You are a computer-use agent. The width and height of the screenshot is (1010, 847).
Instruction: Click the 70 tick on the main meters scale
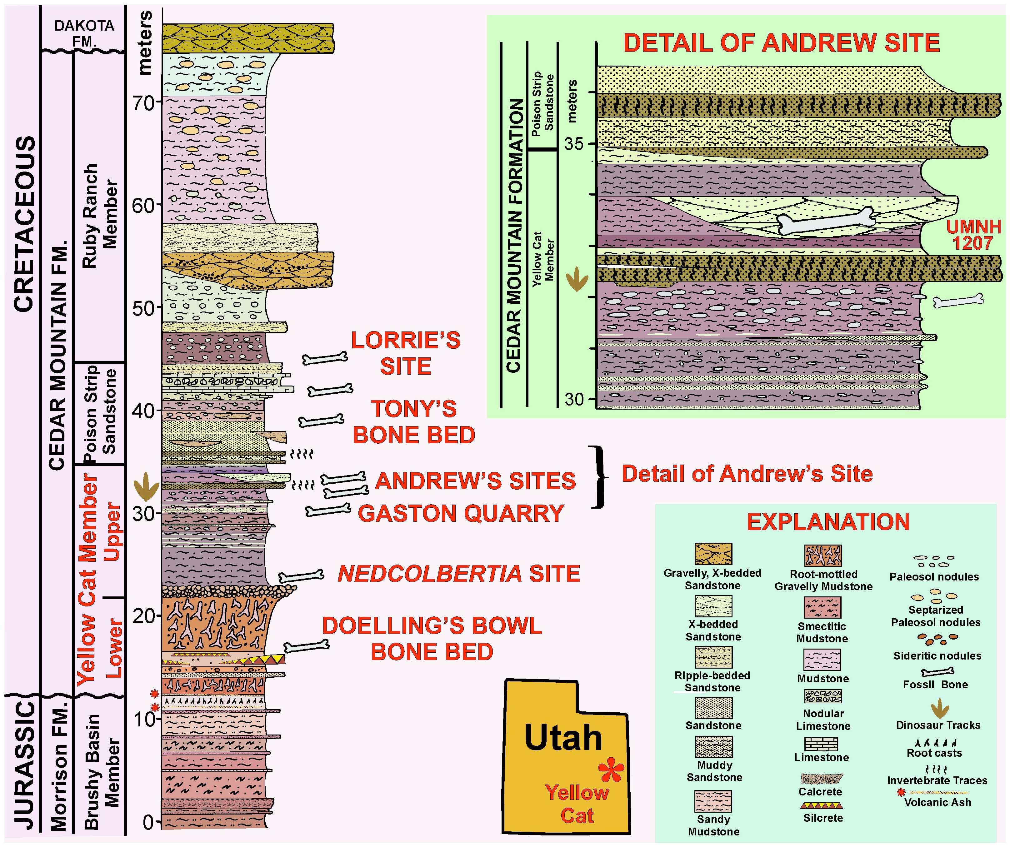coord(158,103)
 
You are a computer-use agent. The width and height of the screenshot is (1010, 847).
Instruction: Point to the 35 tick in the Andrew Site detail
coord(591,144)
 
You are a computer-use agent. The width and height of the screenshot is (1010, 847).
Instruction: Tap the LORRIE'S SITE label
coord(405,354)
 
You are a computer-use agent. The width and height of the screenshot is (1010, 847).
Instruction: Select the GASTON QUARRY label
coord(461,513)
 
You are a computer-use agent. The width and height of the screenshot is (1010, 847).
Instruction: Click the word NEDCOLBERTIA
coord(429,574)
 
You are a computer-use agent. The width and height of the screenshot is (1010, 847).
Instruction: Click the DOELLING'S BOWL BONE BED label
coord(432,639)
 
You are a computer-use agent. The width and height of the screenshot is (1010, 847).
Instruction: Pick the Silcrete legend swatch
coord(822,805)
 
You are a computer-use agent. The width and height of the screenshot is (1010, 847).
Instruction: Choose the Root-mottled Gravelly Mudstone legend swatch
coord(823,556)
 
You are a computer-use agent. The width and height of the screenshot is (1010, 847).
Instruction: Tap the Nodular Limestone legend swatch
coord(823,696)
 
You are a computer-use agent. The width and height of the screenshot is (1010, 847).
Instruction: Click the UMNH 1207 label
coord(973,235)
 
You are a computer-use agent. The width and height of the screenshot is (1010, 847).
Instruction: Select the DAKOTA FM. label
coord(84,33)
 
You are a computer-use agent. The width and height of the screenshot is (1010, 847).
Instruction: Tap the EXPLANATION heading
coord(828,522)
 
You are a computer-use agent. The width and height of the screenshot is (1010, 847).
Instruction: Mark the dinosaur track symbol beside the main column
coord(146,487)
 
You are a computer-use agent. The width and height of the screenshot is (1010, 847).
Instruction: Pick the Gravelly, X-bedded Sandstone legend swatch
coord(713,554)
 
